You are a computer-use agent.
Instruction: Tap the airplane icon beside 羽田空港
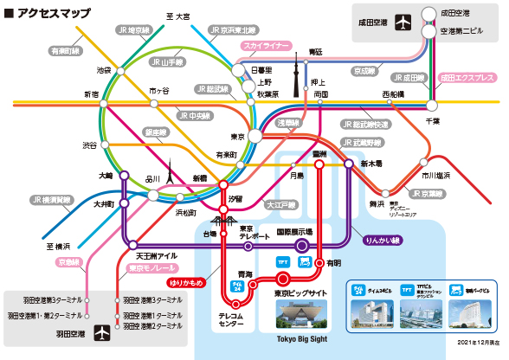point(103,331)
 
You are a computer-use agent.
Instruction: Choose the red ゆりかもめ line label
point(188,282)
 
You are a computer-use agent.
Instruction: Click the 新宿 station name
point(91,93)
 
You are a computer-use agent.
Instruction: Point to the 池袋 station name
point(105,69)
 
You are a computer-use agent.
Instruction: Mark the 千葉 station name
point(433,120)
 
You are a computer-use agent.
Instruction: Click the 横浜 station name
point(61,246)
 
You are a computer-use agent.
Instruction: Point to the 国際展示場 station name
point(293,232)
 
